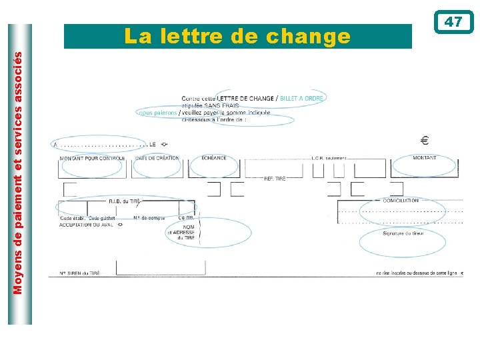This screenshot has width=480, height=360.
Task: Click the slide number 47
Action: point(453,22)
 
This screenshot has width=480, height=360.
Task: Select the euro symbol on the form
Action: point(425,141)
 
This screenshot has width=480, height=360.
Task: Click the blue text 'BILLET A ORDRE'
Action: point(302,99)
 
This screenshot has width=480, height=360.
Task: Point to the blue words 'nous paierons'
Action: point(158,113)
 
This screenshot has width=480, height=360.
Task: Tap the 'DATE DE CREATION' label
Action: point(157,158)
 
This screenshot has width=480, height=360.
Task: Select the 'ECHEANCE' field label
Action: point(214,158)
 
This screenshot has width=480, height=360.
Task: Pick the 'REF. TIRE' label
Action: point(275,179)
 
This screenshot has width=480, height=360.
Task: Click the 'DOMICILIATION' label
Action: point(401,200)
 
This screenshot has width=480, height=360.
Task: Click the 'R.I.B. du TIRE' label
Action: point(125,201)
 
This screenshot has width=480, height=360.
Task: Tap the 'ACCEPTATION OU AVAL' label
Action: point(85,225)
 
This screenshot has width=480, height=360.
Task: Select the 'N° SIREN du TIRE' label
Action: point(80,273)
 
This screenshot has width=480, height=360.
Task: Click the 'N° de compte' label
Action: point(149,217)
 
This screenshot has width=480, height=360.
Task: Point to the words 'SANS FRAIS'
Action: point(223,106)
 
